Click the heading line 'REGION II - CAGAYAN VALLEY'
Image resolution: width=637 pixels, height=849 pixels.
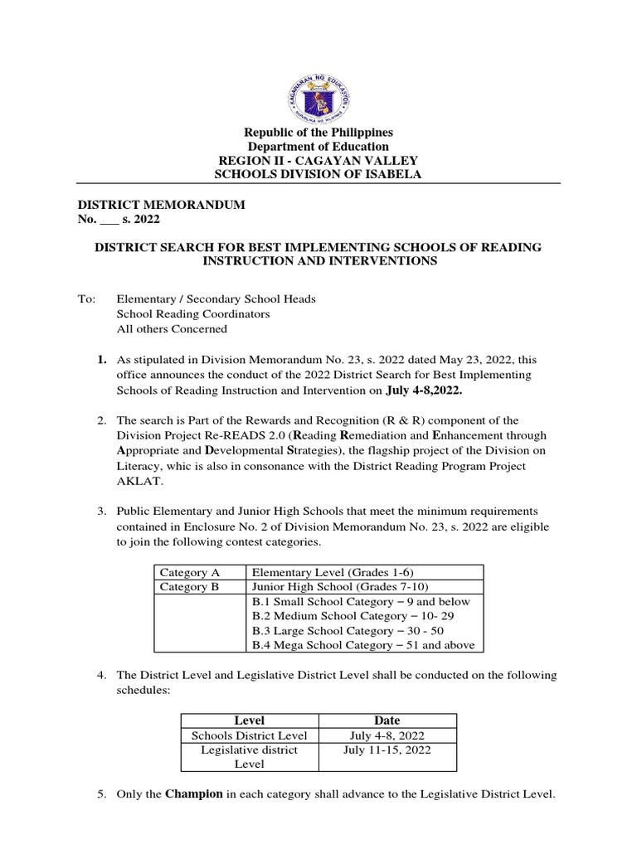pyautogui.click(x=318, y=160)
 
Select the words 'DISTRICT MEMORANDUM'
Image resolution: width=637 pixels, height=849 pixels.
pyautogui.click(x=162, y=205)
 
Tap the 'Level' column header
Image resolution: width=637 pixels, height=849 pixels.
pyautogui.click(x=250, y=720)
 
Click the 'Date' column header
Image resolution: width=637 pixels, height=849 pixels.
pyautogui.click(x=387, y=720)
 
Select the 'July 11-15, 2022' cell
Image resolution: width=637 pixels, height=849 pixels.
pyautogui.click(x=387, y=750)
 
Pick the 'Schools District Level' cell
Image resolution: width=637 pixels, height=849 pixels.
pyautogui.click(x=250, y=735)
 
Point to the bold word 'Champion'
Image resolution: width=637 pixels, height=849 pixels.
pyautogui.click(x=194, y=794)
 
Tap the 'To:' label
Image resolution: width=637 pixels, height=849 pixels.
pyautogui.click(x=86, y=298)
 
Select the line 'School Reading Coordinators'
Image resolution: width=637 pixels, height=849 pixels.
pyautogui.click(x=193, y=313)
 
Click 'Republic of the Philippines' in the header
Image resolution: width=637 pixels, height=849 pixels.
pyautogui.click(x=318, y=133)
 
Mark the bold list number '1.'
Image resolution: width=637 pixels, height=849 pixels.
pyautogui.click(x=102, y=360)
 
